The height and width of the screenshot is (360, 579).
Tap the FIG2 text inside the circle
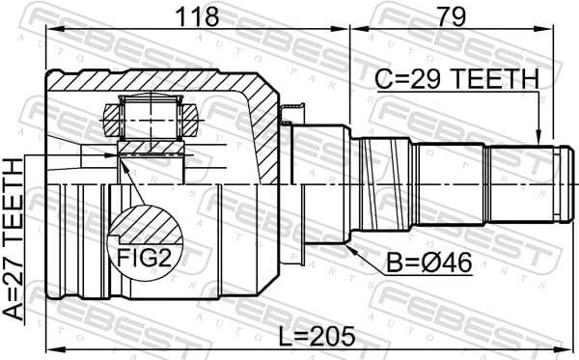coord(145,259)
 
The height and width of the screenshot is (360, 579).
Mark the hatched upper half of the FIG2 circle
coord(145,229)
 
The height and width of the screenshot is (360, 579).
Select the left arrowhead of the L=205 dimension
coord(52,348)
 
